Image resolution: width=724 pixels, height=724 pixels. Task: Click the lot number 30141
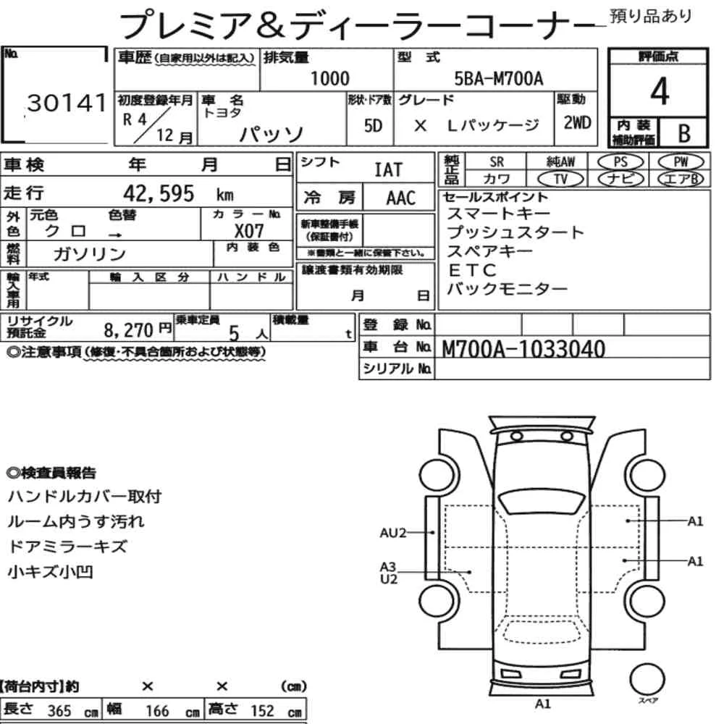(67, 103)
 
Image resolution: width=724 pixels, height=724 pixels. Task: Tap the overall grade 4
(660, 91)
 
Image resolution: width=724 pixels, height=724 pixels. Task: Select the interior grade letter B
(684, 133)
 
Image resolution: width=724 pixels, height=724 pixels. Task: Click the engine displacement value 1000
(329, 78)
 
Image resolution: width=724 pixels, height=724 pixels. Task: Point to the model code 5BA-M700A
(499, 78)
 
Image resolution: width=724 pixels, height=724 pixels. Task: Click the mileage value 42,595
(159, 193)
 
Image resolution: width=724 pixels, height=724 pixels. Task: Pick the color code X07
(249, 230)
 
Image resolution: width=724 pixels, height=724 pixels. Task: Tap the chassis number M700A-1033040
(523, 349)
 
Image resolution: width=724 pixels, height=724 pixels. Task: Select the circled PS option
(620, 162)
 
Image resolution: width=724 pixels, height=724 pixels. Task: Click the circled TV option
(560, 179)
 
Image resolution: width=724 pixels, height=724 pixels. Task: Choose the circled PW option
(681, 162)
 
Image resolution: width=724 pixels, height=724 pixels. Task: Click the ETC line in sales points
(472, 269)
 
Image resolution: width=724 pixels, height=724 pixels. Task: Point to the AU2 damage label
(392, 533)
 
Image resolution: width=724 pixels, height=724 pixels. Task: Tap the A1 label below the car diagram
(542, 704)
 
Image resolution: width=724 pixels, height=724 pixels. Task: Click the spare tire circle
(647, 679)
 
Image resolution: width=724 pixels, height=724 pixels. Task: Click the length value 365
(59, 711)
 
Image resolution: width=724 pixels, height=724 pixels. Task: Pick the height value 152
(262, 710)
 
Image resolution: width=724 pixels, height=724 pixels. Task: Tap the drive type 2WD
(577, 123)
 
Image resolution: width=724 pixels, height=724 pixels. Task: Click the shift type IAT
(388, 170)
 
